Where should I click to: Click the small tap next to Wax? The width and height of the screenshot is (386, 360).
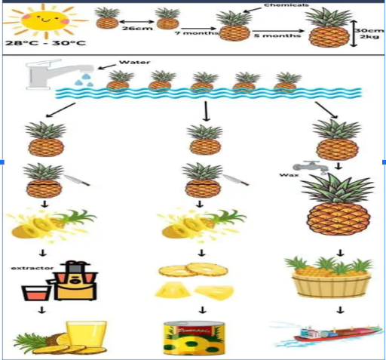[x=308, y=168]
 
